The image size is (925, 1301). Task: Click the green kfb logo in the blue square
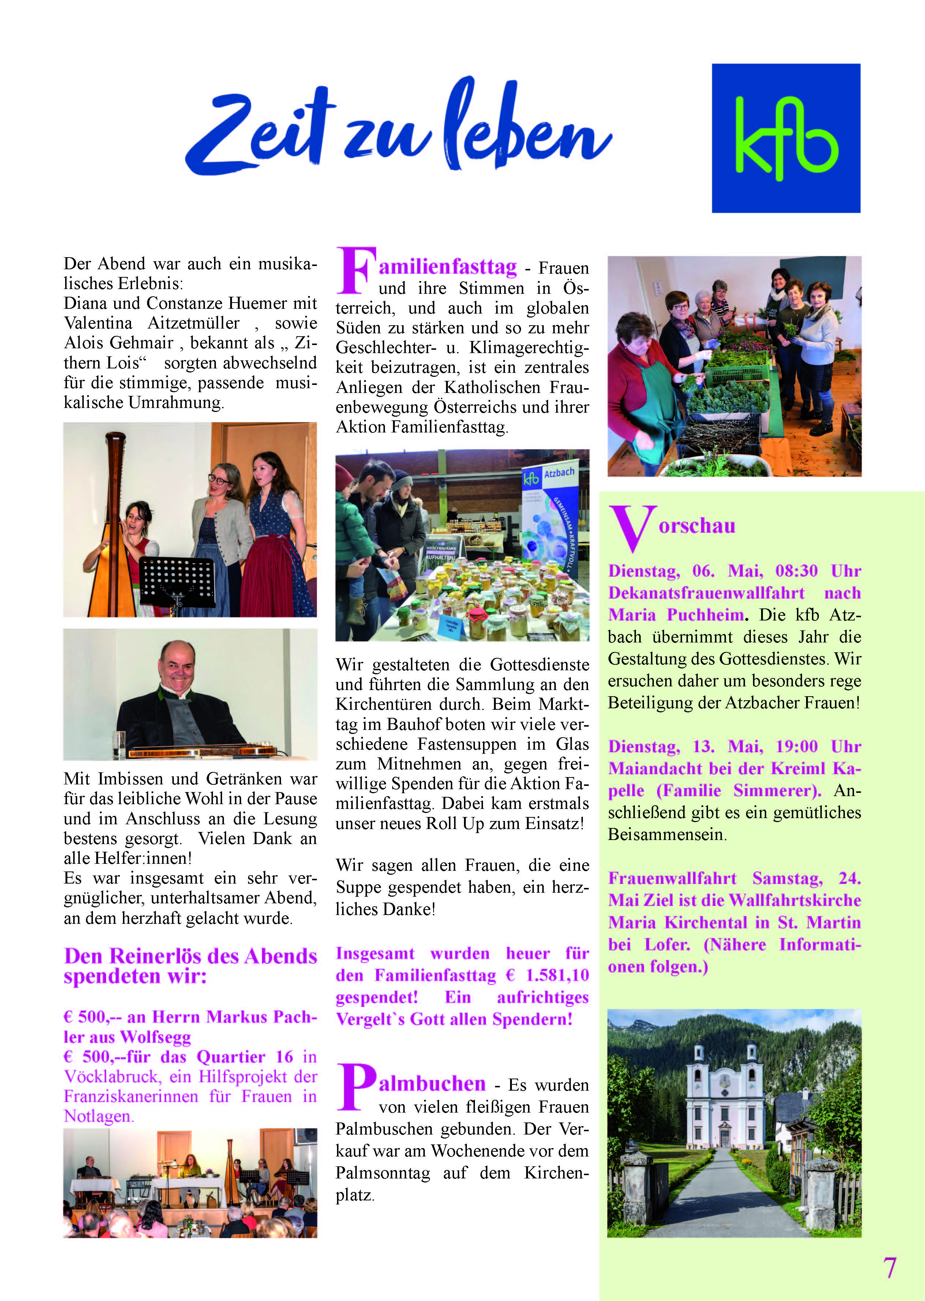tap(786, 138)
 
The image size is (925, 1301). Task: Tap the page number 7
tap(889, 1267)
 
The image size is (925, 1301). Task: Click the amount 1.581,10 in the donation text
tap(557, 975)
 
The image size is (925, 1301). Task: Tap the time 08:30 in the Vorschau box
tap(796, 571)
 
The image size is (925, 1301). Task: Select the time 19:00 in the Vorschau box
tap(796, 746)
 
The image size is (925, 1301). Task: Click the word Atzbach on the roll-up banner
tap(559, 473)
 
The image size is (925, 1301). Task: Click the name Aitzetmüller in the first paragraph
tap(194, 323)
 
